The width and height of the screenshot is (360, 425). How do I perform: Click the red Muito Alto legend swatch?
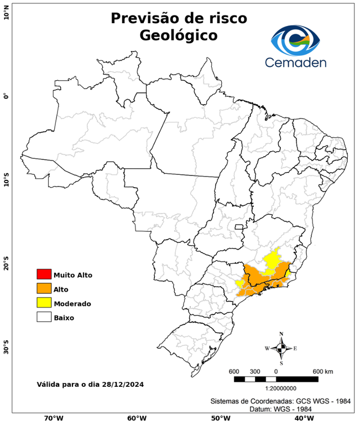click(x=44, y=274)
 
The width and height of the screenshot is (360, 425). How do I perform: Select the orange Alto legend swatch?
click(x=44, y=288)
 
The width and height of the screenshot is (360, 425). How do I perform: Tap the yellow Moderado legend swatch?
click(x=44, y=303)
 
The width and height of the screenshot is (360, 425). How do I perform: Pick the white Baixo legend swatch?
click(x=44, y=317)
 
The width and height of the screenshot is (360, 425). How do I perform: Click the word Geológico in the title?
click(x=179, y=35)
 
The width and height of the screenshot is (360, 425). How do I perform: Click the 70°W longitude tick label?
click(x=53, y=418)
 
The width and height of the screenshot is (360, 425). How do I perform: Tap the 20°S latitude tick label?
click(x=6, y=263)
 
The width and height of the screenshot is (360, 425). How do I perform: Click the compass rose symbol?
click(x=281, y=348)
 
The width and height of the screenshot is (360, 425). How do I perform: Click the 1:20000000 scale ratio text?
click(x=276, y=388)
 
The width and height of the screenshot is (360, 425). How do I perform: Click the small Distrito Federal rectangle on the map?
click(x=239, y=226)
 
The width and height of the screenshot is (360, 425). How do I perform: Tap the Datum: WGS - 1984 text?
click(x=276, y=409)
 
